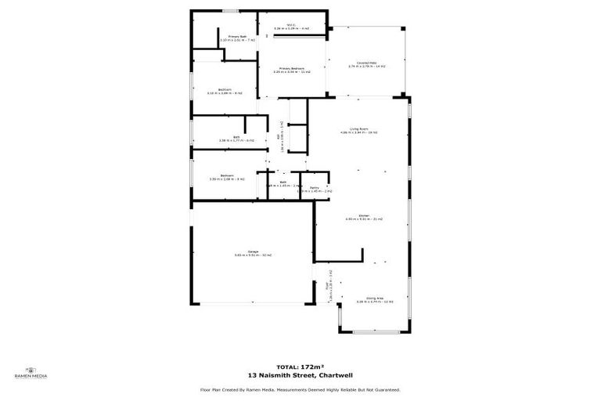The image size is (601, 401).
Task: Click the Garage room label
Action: pos(253,251)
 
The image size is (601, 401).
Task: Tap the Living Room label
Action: pos(359,128)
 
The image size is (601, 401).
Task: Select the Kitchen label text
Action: pos(364,215)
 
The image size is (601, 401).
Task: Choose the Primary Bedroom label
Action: pos(292,68)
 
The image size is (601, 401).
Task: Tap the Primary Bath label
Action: pos(238,36)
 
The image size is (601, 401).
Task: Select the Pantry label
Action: pos(314,187)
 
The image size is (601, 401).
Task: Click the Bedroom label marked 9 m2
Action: pos(225,89)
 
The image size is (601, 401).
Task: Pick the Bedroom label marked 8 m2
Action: pos(227,175)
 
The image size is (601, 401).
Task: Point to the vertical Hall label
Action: pos(279,135)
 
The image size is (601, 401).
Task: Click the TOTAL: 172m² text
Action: pos(300,367)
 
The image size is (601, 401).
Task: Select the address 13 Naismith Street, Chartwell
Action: pos(300,375)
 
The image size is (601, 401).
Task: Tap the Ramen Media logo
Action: pos(31,373)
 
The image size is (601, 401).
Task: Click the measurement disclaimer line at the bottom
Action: pos(300,389)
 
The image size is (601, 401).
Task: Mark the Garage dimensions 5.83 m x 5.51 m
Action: pos(253,255)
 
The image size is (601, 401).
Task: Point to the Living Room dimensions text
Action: pos(359,133)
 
